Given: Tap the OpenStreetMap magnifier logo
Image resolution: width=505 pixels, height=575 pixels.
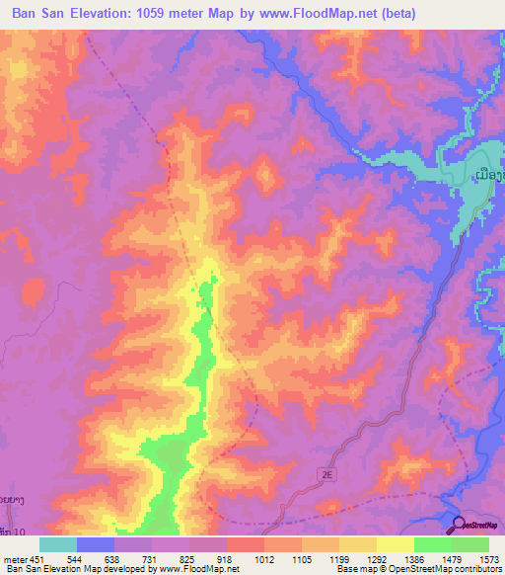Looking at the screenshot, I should (460, 525).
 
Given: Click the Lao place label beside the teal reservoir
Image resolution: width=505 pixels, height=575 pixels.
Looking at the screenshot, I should (490, 175).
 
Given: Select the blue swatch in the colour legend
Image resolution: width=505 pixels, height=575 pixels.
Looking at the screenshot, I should (95, 544).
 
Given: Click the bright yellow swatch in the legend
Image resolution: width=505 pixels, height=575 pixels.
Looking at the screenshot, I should (395, 544).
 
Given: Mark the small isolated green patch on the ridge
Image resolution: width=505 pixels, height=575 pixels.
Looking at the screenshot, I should (206, 291).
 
